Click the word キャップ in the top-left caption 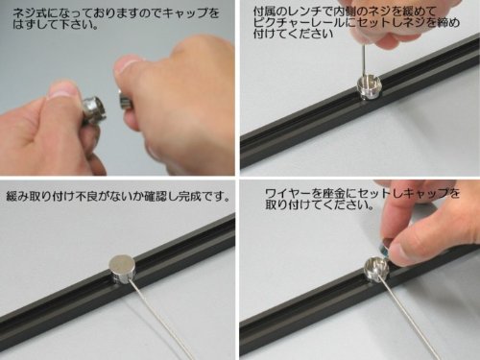180,13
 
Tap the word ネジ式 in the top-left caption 27,13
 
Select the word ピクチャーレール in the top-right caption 297,23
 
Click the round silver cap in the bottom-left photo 122,268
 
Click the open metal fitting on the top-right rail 369,88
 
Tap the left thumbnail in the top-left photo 60,91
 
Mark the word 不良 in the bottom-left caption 86,196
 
